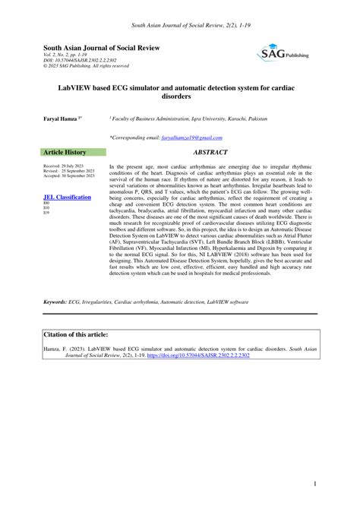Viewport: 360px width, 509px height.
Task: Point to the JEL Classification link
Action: [x=68, y=197]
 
